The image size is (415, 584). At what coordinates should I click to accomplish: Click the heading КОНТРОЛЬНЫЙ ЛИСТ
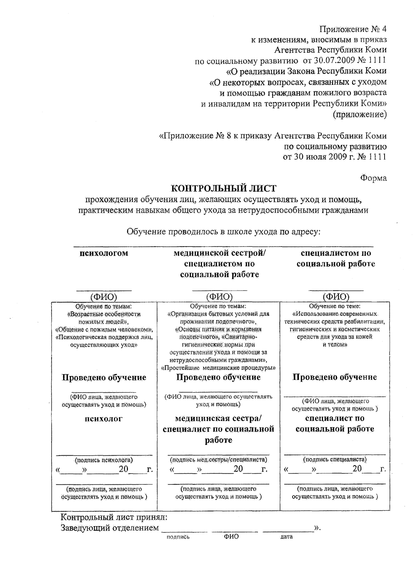(x=224, y=189)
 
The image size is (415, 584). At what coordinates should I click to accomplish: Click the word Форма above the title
(x=373, y=178)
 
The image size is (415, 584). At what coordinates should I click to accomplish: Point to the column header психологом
(x=104, y=253)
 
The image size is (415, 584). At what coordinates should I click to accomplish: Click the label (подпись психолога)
(x=104, y=460)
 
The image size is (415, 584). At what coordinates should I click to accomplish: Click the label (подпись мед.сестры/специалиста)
(x=219, y=460)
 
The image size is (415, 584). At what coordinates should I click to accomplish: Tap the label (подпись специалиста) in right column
(x=335, y=459)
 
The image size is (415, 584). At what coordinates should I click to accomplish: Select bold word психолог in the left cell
(x=104, y=419)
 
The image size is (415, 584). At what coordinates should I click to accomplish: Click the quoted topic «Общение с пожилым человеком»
(x=104, y=329)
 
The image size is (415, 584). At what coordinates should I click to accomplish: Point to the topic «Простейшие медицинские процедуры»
(x=219, y=367)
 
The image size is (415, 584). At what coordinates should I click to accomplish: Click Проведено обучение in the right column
(x=335, y=377)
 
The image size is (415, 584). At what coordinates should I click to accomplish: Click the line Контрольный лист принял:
(x=114, y=518)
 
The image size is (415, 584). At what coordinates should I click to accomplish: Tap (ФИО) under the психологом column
(x=104, y=297)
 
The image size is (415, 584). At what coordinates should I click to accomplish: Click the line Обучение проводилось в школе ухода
(x=224, y=231)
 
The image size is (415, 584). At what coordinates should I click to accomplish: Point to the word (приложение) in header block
(x=360, y=114)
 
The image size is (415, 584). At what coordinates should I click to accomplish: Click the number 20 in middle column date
(x=238, y=469)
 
